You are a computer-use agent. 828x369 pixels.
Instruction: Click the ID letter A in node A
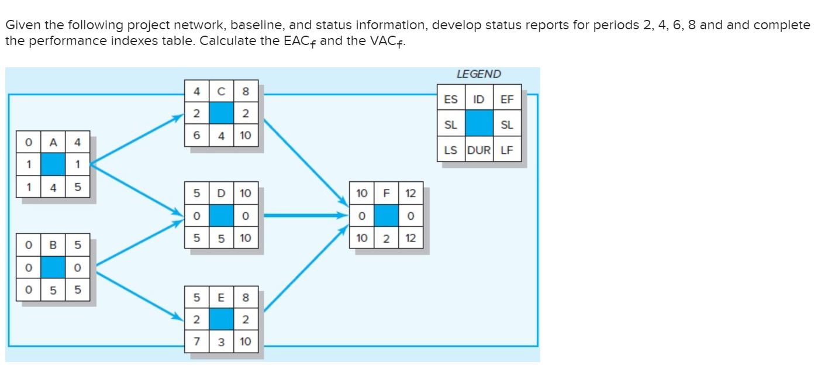tap(53, 143)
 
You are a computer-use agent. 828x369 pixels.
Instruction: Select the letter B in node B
tap(53, 243)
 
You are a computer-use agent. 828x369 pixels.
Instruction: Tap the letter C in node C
tap(221, 91)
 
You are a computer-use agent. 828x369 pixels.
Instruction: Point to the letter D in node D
tap(221, 193)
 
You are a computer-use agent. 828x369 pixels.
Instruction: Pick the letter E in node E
tap(221, 298)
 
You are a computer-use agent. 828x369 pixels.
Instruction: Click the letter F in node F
tap(386, 193)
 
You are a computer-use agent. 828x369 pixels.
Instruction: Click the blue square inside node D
tap(221, 216)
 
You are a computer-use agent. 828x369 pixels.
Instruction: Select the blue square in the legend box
tap(478, 124)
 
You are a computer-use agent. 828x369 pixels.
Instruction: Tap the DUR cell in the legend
tap(478, 150)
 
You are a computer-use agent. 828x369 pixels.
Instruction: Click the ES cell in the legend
tap(451, 99)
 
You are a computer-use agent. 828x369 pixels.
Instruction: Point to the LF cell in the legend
tap(506, 150)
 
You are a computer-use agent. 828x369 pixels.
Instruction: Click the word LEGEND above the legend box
tap(478, 74)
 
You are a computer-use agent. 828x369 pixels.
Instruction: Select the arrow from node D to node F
tap(304, 216)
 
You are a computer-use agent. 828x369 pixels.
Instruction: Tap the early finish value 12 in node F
tap(411, 193)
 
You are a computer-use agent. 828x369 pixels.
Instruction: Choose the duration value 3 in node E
tap(221, 342)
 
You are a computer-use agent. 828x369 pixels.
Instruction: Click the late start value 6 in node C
tap(196, 135)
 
